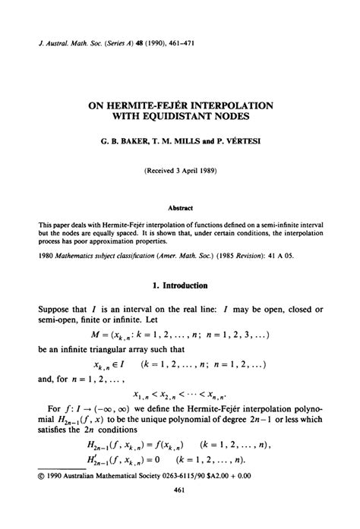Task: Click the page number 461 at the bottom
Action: pos(179,512)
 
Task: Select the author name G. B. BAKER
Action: pos(125,142)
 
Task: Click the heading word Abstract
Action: pos(179,206)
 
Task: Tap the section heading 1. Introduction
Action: pos(179,285)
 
